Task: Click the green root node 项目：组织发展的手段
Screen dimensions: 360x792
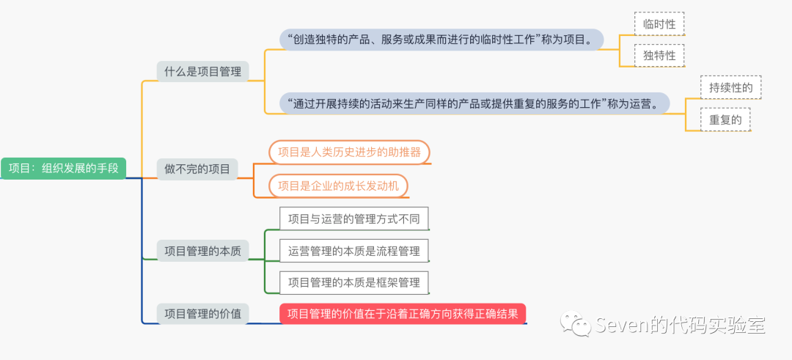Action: coord(63,168)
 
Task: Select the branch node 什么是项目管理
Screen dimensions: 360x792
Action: coord(202,71)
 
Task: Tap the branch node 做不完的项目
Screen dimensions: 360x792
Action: coord(197,169)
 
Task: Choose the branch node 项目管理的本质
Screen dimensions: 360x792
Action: coord(202,250)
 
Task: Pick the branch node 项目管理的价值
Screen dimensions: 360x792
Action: coord(202,314)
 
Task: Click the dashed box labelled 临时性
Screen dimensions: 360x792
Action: coord(659,23)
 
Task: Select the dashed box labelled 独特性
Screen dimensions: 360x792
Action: coord(659,55)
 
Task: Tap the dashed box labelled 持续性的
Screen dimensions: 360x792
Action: coord(730,87)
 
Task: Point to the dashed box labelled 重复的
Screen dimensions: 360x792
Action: coord(725,119)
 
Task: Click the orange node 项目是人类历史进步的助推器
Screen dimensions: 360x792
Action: coord(349,153)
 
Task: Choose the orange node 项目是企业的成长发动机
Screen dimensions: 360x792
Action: coord(338,185)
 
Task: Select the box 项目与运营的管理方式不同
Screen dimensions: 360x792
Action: coord(354,218)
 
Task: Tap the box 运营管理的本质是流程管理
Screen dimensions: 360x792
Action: coord(354,251)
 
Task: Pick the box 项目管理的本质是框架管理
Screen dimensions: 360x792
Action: coord(354,282)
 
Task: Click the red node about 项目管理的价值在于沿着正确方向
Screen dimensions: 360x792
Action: coord(403,314)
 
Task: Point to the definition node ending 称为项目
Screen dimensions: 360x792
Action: coord(441,39)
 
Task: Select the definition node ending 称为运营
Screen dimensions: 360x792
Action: coord(474,103)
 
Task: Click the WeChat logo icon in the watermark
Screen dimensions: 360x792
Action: coord(575,323)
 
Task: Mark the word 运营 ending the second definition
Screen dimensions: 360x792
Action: coord(642,103)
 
